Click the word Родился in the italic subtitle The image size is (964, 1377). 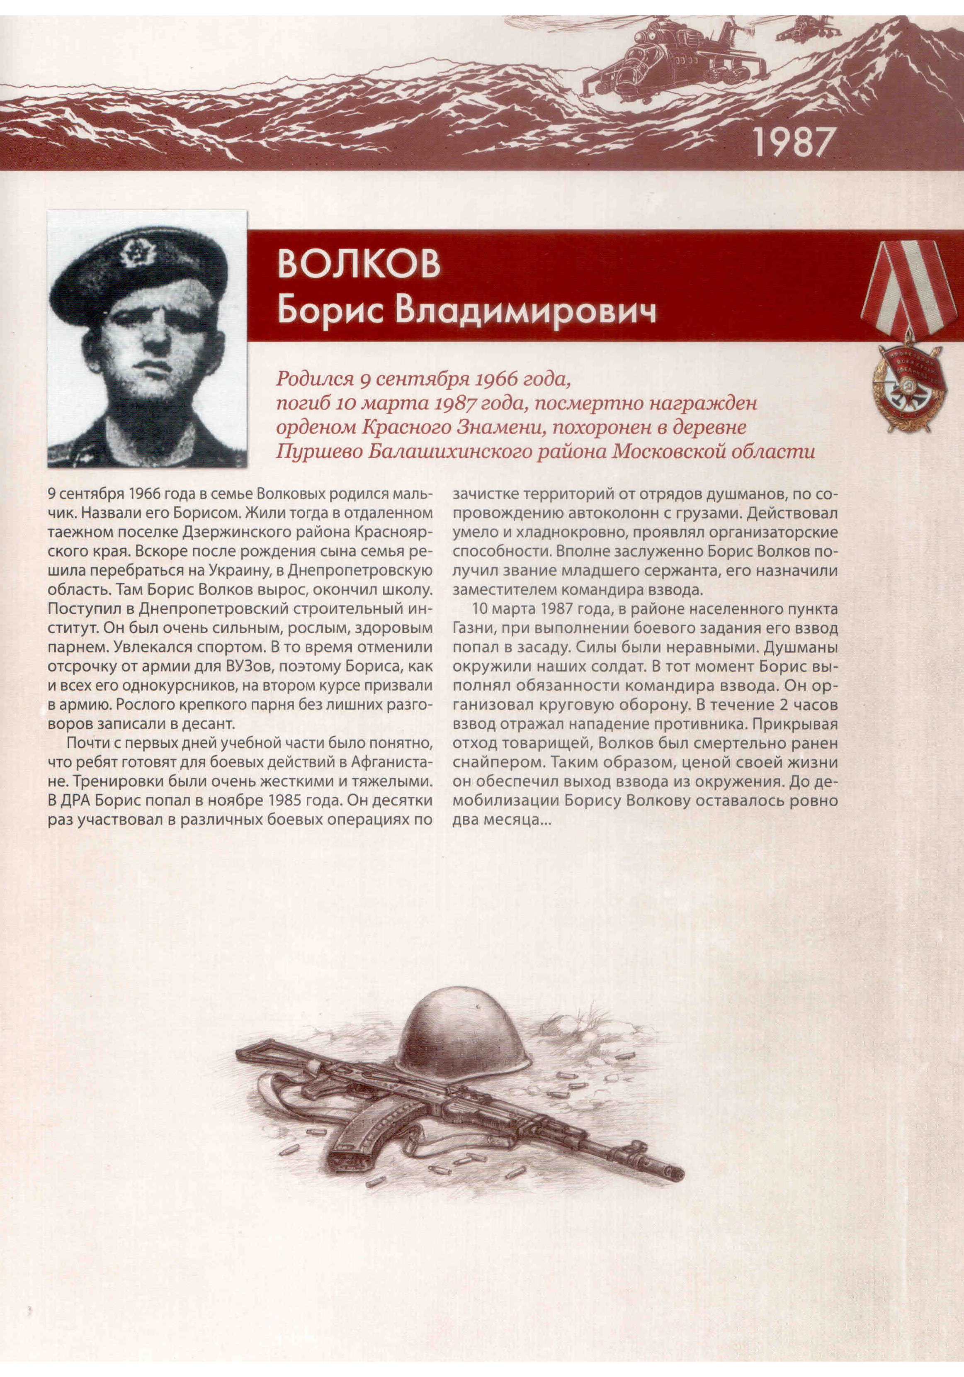pyautogui.click(x=312, y=379)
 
